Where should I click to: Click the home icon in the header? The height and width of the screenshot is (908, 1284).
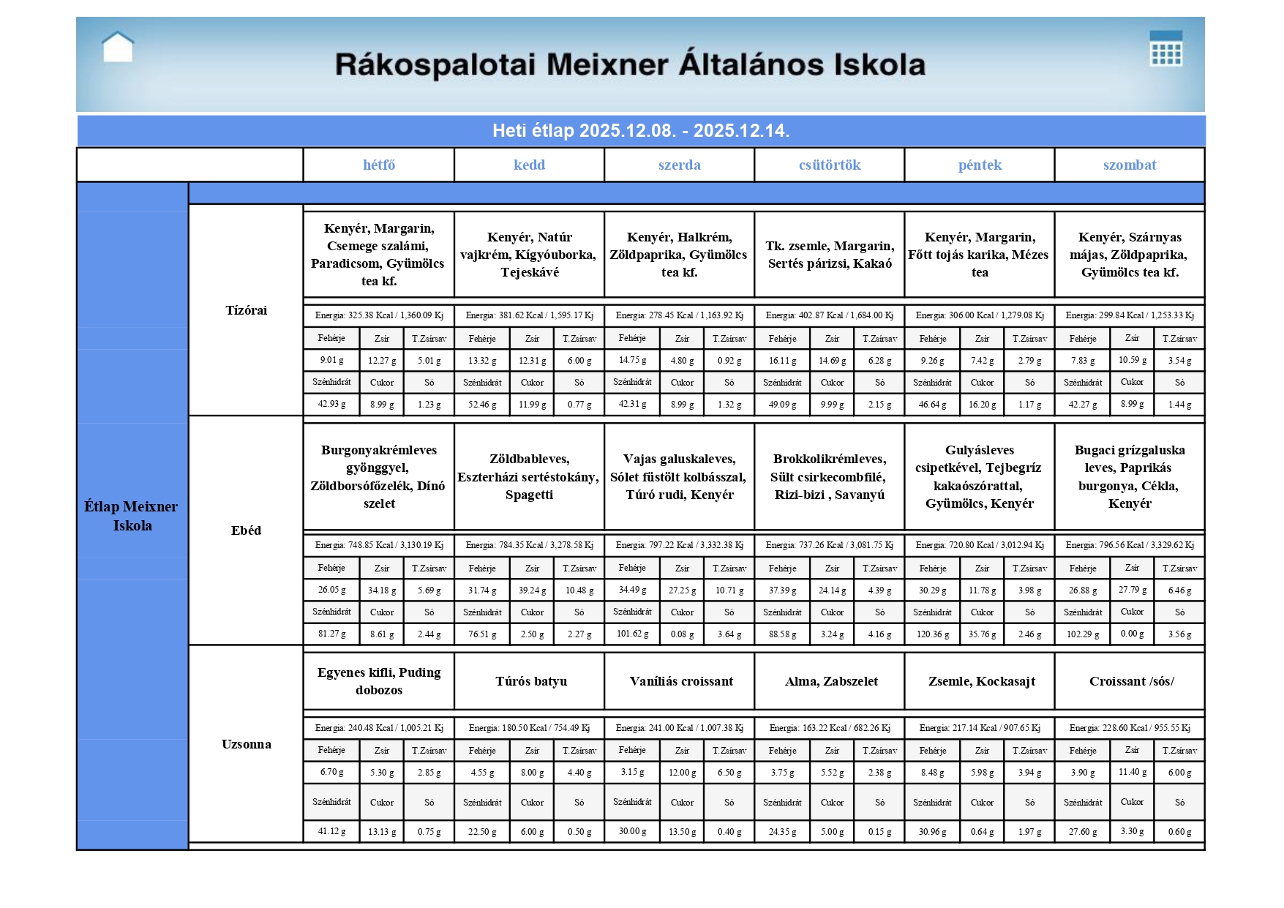(x=118, y=48)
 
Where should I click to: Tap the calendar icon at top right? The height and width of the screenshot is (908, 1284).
(x=1165, y=48)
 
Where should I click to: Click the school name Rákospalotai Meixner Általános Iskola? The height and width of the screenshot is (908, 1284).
(x=630, y=64)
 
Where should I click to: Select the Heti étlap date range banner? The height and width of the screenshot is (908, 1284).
(x=641, y=131)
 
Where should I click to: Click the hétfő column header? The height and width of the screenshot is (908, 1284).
(x=379, y=165)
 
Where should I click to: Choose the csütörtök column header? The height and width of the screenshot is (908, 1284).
(x=830, y=165)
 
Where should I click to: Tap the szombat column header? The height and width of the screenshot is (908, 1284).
(x=1130, y=165)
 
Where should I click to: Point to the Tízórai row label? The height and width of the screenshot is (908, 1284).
(x=246, y=310)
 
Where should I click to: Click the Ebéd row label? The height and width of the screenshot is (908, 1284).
(x=246, y=530)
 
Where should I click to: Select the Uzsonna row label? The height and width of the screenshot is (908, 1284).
(x=246, y=744)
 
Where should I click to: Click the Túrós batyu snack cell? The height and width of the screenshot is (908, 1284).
(x=530, y=681)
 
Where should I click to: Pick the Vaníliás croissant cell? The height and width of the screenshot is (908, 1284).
(x=681, y=681)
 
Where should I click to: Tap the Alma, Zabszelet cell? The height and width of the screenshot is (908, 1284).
(x=831, y=681)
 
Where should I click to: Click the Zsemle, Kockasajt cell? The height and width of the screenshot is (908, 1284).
(x=981, y=681)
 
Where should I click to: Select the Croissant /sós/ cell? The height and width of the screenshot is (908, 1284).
(x=1131, y=681)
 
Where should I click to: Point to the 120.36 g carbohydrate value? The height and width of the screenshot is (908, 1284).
(x=933, y=634)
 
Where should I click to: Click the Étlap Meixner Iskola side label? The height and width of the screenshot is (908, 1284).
(x=132, y=516)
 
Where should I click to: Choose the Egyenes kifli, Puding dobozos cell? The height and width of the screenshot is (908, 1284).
(x=379, y=681)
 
